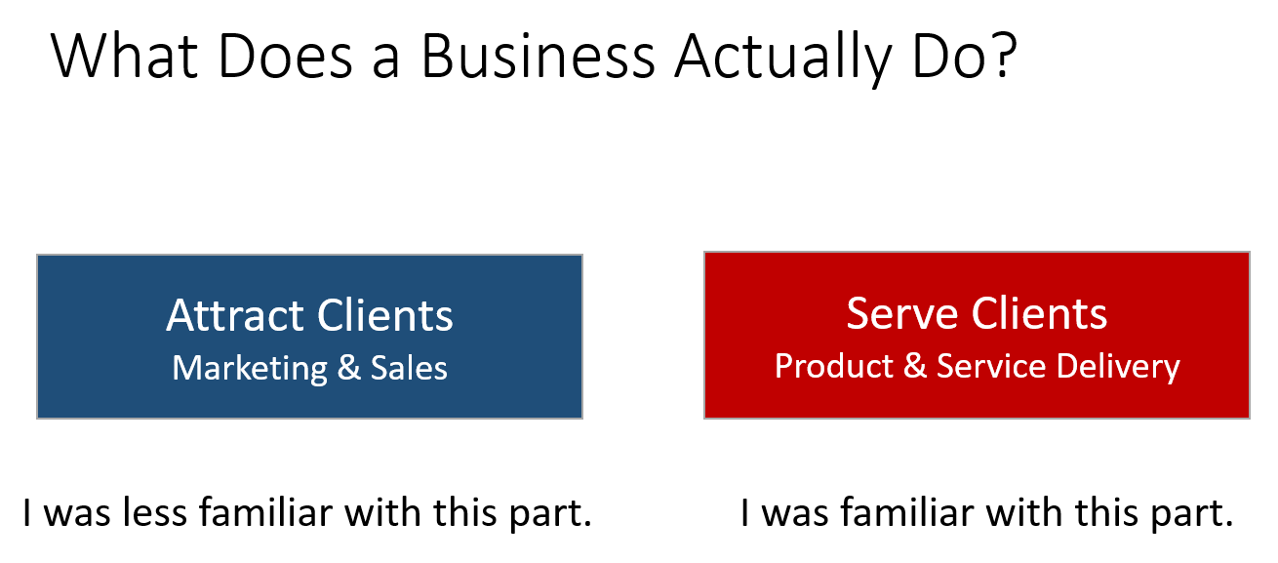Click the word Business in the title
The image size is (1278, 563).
click(x=538, y=57)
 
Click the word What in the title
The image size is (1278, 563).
click(x=124, y=56)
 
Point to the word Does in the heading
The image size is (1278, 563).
click(x=285, y=57)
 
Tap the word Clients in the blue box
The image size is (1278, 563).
click(x=385, y=314)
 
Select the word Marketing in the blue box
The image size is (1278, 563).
click(x=250, y=369)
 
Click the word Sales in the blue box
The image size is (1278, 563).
click(x=409, y=368)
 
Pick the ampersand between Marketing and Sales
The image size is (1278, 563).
click(x=349, y=368)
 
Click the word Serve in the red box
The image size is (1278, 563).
click(x=902, y=313)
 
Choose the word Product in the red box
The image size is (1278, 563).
click(x=834, y=366)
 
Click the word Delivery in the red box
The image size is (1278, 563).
click(x=1118, y=367)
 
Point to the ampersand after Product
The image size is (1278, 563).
click(x=915, y=366)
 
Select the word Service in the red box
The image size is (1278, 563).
click(x=991, y=366)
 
